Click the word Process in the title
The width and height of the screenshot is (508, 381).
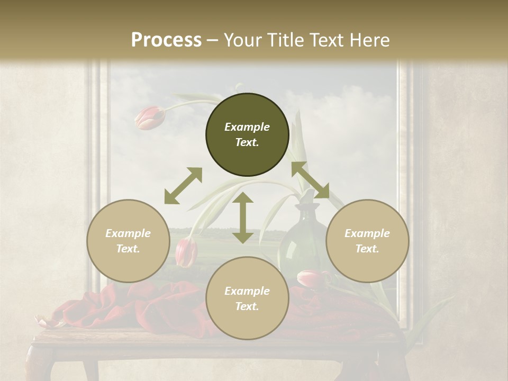[166, 40]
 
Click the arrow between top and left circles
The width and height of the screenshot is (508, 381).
[183, 186]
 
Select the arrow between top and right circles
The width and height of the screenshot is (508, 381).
[310, 180]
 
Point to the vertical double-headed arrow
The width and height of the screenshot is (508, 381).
[243, 217]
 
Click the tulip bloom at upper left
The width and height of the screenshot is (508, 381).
[149, 117]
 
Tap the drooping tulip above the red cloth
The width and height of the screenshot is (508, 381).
[186, 252]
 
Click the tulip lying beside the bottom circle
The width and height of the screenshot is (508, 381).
[312, 278]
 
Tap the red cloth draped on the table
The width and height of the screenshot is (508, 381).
[159, 307]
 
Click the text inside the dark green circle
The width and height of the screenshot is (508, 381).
[247, 134]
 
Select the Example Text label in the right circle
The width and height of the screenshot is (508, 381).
[367, 241]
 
